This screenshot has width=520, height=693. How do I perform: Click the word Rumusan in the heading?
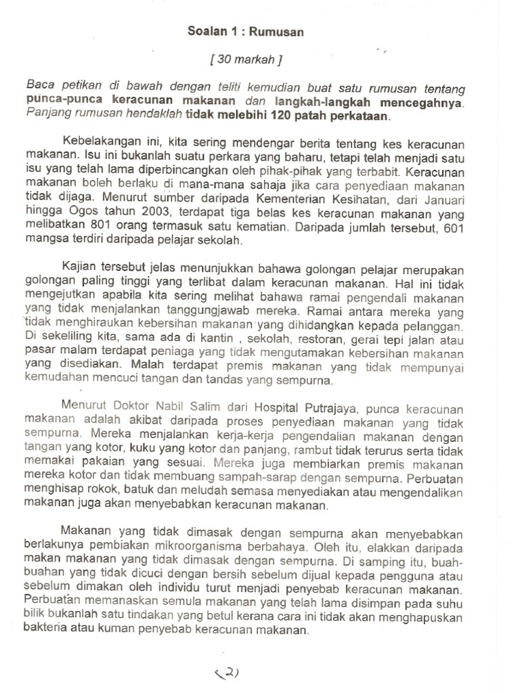[x=280, y=31]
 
